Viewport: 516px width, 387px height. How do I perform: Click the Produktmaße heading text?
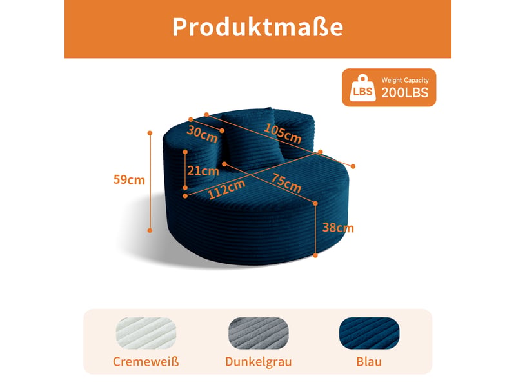(257, 27)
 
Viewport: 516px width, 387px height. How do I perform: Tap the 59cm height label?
(129, 180)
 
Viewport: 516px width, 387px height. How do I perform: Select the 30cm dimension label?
(202, 134)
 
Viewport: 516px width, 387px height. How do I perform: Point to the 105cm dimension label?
(283, 134)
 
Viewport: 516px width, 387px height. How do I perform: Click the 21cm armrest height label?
(203, 171)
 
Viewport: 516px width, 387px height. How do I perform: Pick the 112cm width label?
(226, 190)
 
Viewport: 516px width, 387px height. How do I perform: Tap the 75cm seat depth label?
(286, 183)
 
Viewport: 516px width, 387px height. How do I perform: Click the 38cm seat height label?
(338, 228)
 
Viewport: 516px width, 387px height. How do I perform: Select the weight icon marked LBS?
(362, 88)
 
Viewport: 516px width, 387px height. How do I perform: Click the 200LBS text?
(405, 93)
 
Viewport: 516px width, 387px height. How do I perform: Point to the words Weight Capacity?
(405, 80)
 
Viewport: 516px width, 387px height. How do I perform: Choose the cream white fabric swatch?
(146, 333)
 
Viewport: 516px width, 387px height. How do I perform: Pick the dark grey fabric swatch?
(259, 333)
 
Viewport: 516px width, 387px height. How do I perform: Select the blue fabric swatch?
(369, 333)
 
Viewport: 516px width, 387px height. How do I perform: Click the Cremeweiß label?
(146, 362)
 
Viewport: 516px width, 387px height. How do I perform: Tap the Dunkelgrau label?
(259, 362)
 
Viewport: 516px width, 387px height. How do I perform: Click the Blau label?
(369, 362)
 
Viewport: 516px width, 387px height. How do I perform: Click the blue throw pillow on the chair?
(252, 138)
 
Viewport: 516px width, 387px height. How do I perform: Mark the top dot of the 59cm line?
(150, 133)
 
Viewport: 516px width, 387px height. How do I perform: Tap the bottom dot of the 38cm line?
(315, 255)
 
